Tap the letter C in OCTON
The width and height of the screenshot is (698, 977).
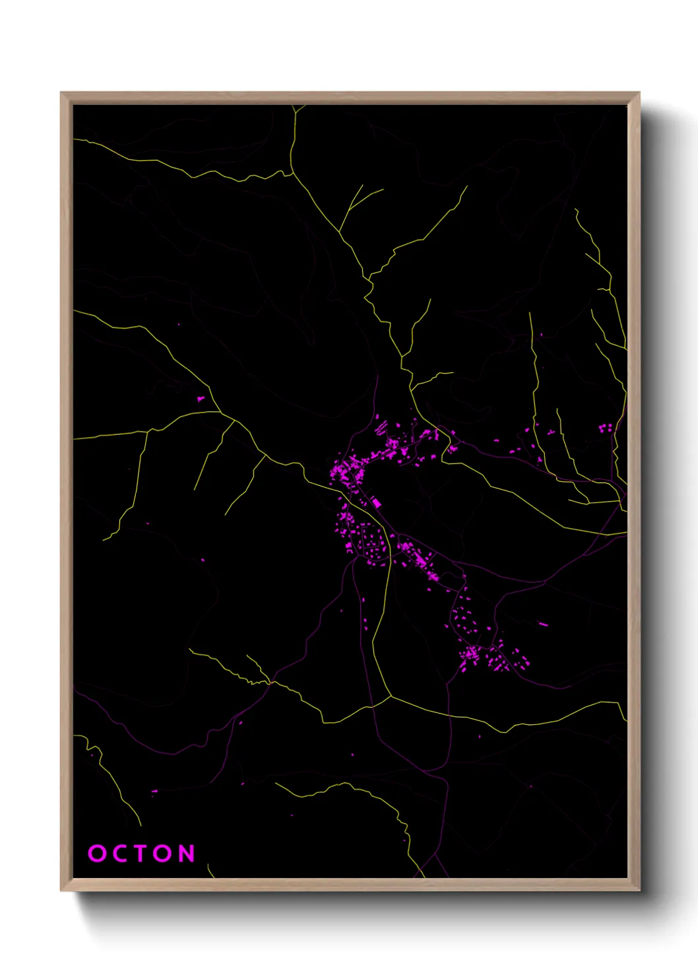pyautogui.click(x=120, y=854)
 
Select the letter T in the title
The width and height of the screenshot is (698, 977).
pyautogui.click(x=142, y=854)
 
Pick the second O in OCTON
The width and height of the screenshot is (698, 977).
pyautogui.click(x=164, y=854)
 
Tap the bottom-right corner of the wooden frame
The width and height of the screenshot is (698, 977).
pyautogui.click(x=639, y=890)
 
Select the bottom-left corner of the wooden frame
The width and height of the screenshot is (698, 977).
pyautogui.click(x=62, y=890)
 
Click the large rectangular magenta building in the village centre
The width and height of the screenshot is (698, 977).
pyautogui.click(x=376, y=503)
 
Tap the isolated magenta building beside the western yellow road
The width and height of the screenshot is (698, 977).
pyautogui.click(x=201, y=399)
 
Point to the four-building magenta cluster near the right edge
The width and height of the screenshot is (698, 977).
pyautogui.click(x=605, y=428)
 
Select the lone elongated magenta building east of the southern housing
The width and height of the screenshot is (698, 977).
pyautogui.click(x=543, y=623)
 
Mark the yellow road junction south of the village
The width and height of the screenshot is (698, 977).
pyautogui.click(x=391, y=696)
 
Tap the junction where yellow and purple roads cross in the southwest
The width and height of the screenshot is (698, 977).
pyautogui.click(x=270, y=682)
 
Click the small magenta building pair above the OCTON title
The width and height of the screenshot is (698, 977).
pyautogui.click(x=154, y=791)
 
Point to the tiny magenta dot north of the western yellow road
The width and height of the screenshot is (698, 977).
pyautogui.click(x=178, y=325)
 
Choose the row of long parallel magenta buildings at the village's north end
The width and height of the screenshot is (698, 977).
pyautogui.click(x=381, y=426)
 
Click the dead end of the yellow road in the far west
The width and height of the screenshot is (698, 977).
pyautogui.click(x=104, y=540)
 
